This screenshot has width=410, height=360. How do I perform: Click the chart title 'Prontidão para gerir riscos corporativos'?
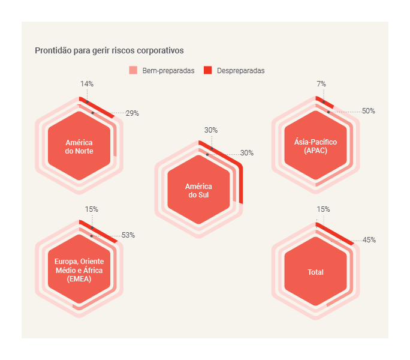pos(109,50)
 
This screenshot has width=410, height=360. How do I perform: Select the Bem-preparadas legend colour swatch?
pos(133,70)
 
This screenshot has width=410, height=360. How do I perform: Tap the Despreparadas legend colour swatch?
pos(208,70)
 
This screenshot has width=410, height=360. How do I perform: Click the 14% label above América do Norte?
pos(87,84)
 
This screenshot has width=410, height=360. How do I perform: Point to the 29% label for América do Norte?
pos(132,113)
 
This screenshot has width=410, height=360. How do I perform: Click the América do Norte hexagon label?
pos(79,147)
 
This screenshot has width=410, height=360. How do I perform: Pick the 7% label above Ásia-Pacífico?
pos(321,84)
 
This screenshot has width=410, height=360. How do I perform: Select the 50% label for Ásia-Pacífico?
pos(369,111)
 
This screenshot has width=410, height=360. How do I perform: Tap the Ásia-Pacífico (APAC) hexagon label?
pos(315,146)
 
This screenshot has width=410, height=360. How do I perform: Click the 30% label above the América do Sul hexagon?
pos(211,130)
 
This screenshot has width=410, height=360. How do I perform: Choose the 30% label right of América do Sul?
pos(247,153)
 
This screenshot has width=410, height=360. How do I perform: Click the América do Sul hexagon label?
pos(198,191)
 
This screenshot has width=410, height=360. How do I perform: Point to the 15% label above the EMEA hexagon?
pos(91,209)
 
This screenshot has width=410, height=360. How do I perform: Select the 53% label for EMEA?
pos(128,235)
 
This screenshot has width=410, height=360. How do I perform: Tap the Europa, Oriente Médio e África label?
pos(79,271)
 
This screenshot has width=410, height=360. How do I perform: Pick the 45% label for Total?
pos(369,240)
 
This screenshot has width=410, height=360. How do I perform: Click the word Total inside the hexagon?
pos(315,272)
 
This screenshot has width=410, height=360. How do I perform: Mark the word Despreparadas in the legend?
pos(241,71)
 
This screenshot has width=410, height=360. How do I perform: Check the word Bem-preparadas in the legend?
pos(168,71)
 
